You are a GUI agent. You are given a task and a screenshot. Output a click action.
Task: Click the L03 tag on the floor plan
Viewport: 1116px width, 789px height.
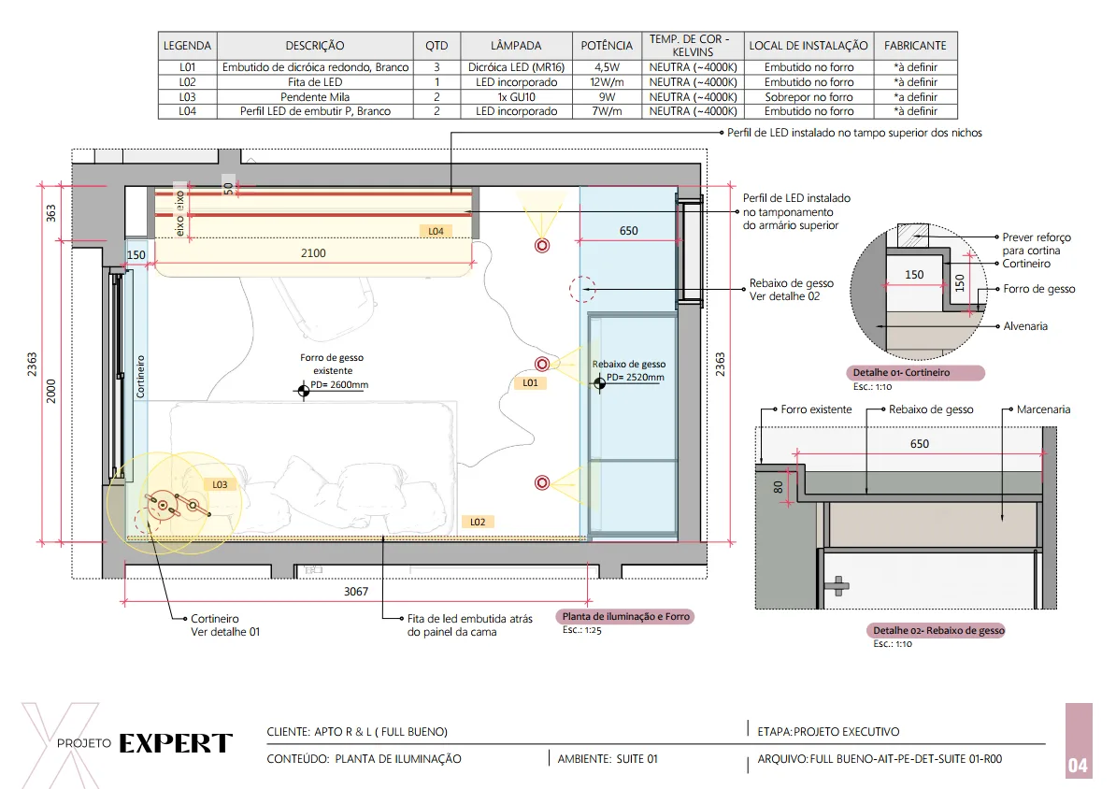pos(220,485)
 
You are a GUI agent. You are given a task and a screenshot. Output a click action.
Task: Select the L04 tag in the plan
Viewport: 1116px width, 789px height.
pos(436,231)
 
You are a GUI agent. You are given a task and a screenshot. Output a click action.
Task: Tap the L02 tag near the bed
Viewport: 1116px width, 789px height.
pos(478,522)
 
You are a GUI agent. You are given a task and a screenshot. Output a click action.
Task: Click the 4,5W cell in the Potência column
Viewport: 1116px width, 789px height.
pos(607,67)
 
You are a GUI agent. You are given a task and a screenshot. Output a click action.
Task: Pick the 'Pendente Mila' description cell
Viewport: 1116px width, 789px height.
pos(315,97)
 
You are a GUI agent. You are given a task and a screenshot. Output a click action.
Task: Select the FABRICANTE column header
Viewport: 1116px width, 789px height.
pos(915,46)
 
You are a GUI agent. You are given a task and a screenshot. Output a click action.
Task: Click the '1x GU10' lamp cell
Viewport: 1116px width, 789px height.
pos(516,97)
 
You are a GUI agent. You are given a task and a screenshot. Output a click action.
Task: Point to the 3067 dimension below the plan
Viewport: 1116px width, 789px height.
pos(356,592)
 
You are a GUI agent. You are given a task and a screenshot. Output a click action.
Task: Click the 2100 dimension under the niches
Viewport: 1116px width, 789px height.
pos(313,252)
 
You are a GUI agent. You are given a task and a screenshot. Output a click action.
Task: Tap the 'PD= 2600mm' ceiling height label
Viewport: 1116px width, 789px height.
pos(339,384)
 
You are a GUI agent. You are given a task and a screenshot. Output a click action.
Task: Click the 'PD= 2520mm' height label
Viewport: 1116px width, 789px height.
pos(635,378)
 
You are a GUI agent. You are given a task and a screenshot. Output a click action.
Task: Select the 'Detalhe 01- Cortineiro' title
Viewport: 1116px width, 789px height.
pos(901,372)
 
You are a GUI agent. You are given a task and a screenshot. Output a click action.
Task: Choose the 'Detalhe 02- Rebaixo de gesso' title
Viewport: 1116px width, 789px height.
pos(938,630)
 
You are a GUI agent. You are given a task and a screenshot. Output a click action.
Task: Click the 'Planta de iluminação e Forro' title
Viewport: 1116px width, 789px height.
pos(625,617)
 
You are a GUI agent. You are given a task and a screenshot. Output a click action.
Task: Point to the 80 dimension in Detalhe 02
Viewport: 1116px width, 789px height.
pos(778,488)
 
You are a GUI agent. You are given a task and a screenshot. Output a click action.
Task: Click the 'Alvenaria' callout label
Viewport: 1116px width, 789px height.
pos(1025,326)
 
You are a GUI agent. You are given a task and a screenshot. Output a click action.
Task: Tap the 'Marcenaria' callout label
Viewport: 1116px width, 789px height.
pos(1043,409)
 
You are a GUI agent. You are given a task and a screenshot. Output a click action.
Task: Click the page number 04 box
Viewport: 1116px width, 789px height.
pos(1079,740)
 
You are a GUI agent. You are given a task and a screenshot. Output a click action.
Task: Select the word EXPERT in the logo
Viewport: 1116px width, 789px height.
pos(176,743)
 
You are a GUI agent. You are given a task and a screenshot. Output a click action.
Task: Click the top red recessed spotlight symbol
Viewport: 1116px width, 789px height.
pos(542,246)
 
